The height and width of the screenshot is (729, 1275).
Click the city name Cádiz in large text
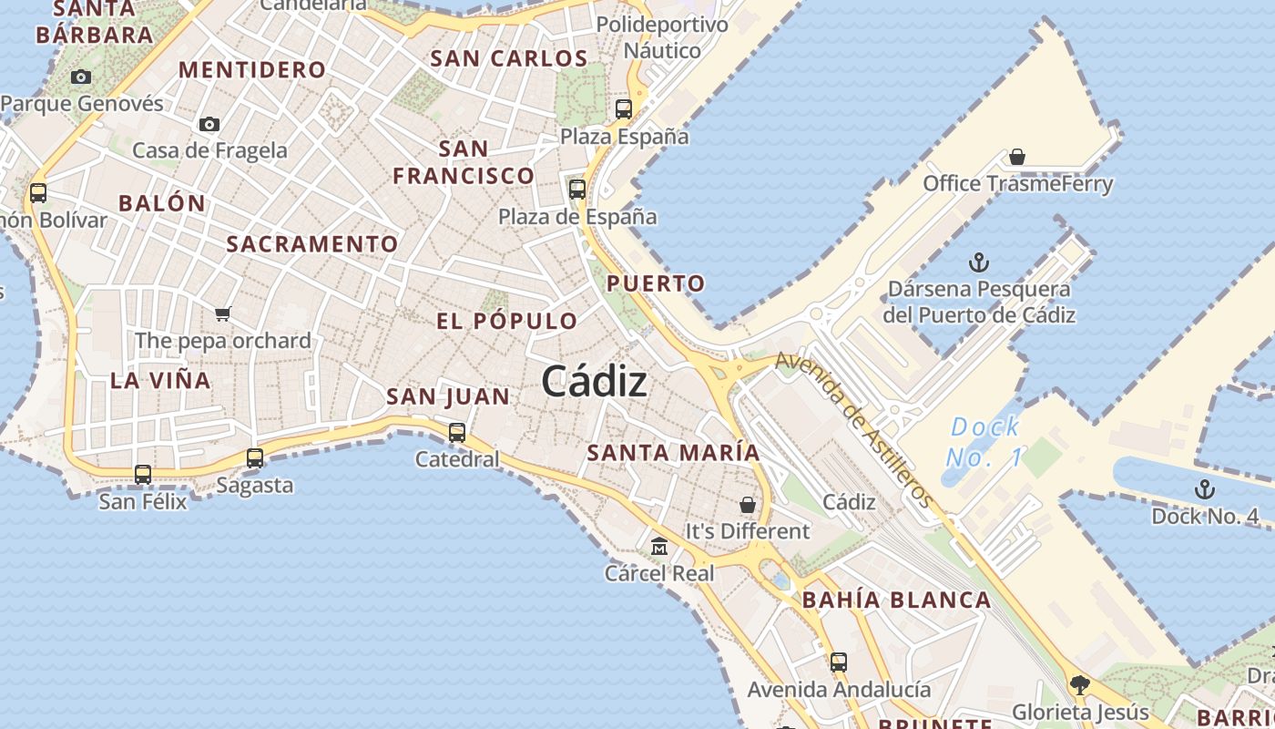pos(595,381)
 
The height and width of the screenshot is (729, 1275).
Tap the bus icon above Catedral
pos(457,432)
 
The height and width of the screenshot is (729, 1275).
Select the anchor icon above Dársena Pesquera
pos(979,263)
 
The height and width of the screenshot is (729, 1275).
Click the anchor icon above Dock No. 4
pos(1205,489)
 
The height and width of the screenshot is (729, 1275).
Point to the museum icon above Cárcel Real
pos(659,547)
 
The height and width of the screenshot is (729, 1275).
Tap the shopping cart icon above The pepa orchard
pos(223,314)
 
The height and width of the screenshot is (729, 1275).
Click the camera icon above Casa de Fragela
pos(209,124)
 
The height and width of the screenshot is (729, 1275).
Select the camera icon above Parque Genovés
pos(81,77)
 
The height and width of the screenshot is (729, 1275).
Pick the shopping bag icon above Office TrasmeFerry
pos(1017,157)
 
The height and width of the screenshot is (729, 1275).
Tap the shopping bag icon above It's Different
pos(748,504)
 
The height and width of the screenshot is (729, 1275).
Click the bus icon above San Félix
pos(143,474)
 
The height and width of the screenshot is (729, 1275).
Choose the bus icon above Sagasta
pos(255,457)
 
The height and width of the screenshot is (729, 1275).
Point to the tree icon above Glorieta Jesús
pos(1080,683)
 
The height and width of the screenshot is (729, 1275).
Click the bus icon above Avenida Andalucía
pos(839,662)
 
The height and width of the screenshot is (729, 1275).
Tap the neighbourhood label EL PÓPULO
pos(507,321)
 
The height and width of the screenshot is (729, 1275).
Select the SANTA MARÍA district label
pos(673,452)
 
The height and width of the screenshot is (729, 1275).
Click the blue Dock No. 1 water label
pos(984,442)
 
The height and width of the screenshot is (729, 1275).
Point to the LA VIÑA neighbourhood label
pos(160,380)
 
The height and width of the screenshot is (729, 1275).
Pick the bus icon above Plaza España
pos(624,109)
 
